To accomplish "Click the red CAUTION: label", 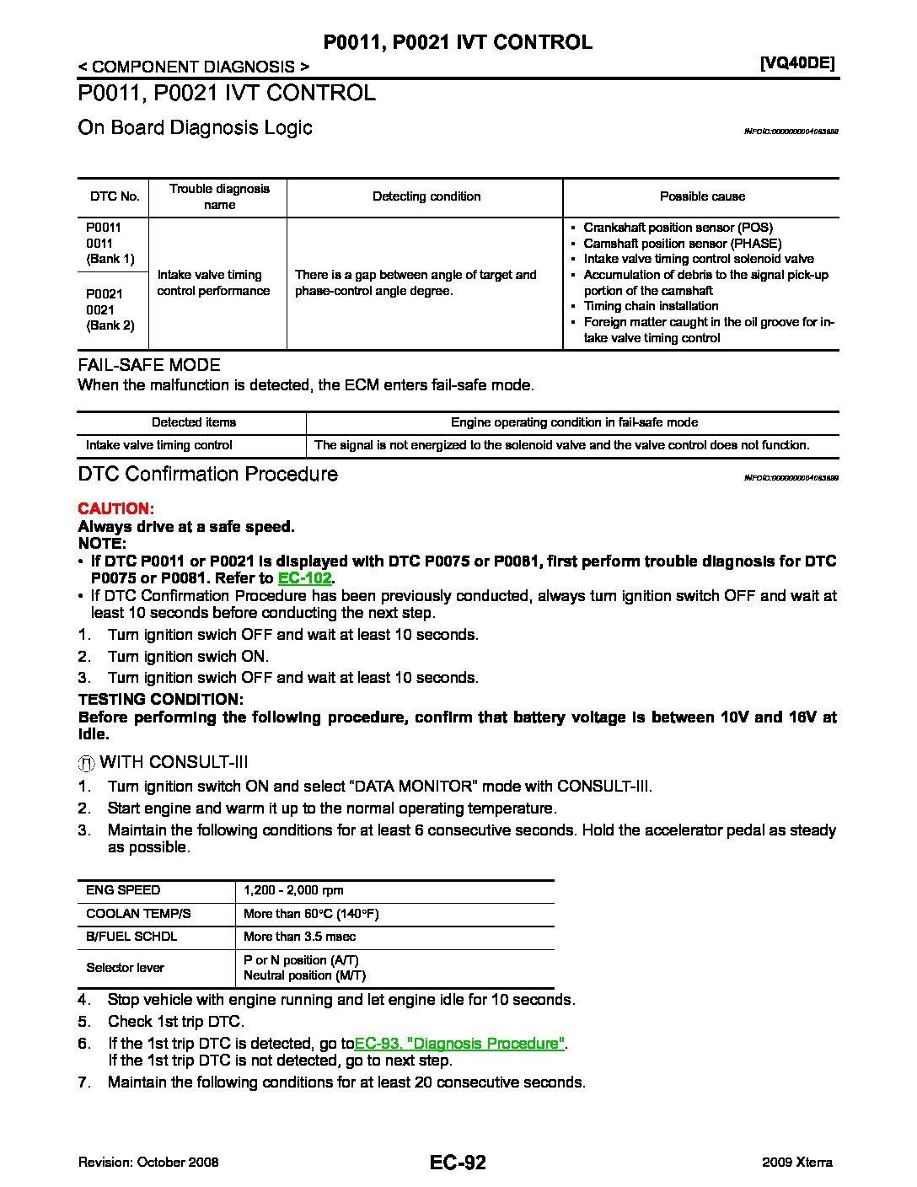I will point(115,508).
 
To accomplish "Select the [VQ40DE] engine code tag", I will point(796,62).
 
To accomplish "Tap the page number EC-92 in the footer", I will point(458,1163).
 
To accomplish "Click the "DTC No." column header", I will point(115,196).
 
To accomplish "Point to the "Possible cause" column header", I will point(702,196).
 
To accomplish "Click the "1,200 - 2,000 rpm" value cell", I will point(293,890).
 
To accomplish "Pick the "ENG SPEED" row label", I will point(123,890).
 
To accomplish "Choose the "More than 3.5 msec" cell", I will point(299,937).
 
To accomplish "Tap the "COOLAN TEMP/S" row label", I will point(138,914).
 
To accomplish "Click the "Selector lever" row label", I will point(125,968).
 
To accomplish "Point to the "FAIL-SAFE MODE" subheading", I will point(149,365).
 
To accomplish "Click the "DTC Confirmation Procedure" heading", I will point(207,474).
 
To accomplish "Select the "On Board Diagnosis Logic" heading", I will point(195,127).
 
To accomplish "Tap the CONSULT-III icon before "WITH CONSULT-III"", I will point(86,763).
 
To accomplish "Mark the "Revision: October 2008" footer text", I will point(148,1163).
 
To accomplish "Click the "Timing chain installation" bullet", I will point(651,306).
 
